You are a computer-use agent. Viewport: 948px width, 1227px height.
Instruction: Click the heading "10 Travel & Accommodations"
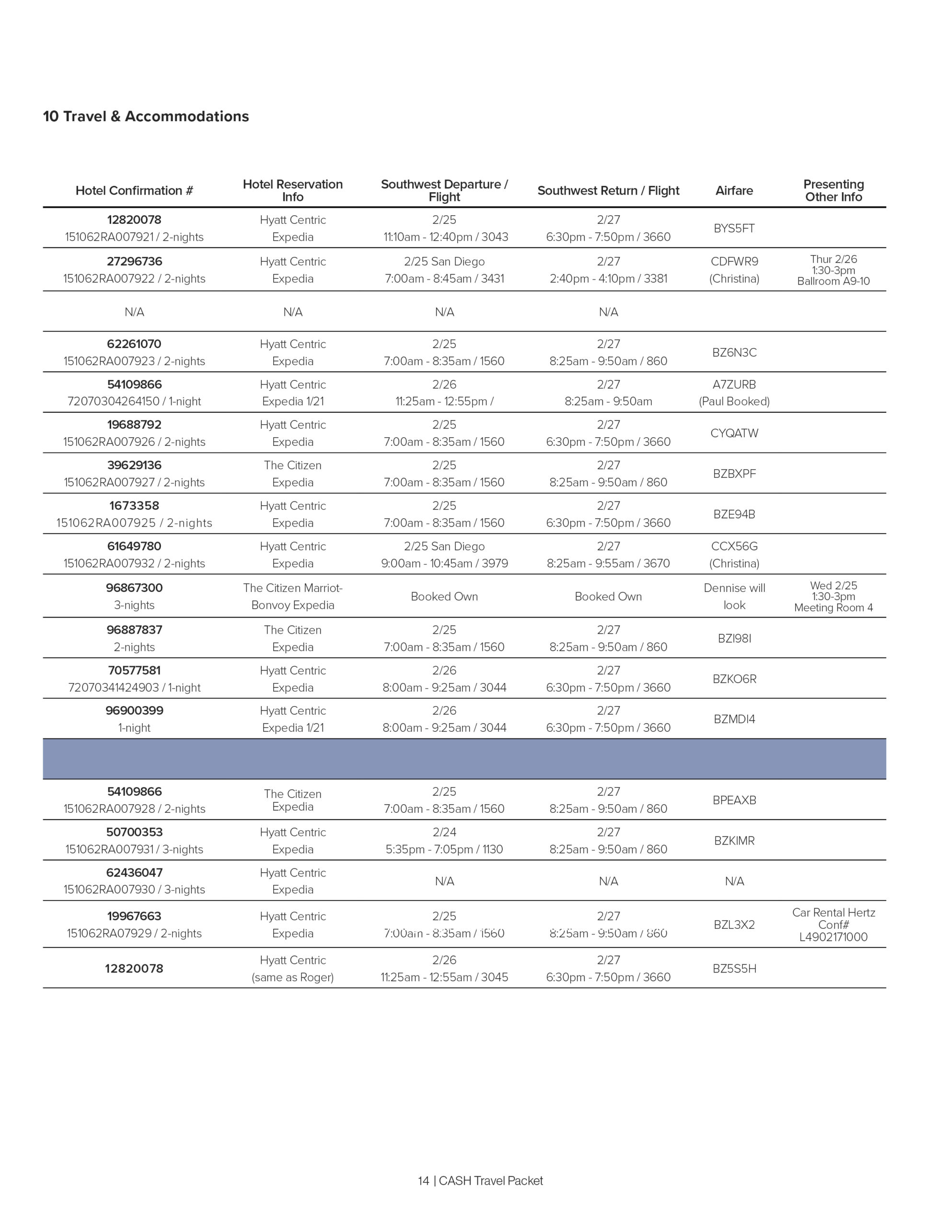click(146, 116)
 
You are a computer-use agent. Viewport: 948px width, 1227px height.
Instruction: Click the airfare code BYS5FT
click(734, 228)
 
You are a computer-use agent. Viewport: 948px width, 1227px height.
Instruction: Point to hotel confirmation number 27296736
click(134, 261)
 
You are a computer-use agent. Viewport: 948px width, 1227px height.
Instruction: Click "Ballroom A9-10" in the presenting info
click(833, 281)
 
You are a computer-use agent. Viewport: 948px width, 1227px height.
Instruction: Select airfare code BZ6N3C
click(734, 352)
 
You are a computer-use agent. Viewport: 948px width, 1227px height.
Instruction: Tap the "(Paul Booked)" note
click(734, 401)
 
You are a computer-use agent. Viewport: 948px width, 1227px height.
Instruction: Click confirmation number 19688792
click(134, 425)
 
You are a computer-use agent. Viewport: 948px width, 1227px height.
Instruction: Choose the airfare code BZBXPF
click(734, 474)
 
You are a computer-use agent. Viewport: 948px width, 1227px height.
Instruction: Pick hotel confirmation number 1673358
click(134, 506)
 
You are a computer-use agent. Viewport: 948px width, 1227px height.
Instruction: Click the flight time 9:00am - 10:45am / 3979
click(444, 563)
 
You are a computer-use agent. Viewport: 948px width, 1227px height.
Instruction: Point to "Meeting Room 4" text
click(833, 607)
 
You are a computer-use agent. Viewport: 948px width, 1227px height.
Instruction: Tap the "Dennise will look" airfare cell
click(734, 596)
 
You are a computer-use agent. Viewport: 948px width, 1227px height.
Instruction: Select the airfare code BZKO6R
click(734, 679)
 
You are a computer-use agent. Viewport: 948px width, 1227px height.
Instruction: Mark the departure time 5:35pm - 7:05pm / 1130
click(444, 849)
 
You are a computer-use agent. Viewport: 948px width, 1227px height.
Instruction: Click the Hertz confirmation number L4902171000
click(833, 937)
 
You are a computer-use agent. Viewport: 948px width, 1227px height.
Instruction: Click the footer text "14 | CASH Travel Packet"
click(480, 1181)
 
